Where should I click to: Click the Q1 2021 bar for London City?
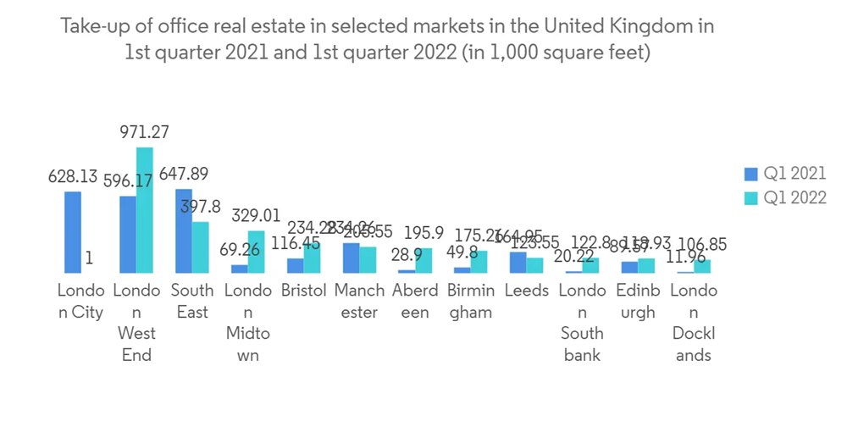(x=73, y=232)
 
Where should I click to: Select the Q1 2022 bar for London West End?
(x=145, y=210)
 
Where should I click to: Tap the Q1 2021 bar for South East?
(x=184, y=230)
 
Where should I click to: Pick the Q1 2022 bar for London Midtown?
(x=256, y=252)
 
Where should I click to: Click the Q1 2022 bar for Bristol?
(x=312, y=258)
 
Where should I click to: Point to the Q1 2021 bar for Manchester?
(x=351, y=258)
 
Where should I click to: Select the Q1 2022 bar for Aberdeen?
(x=423, y=260)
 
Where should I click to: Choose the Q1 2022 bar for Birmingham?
(x=479, y=262)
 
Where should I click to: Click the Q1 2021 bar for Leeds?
(x=518, y=263)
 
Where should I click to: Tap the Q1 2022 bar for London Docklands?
(x=701, y=266)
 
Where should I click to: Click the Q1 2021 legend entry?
(x=784, y=174)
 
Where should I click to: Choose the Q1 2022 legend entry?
(x=784, y=197)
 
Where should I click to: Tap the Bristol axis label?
(x=304, y=291)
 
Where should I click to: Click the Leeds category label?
(x=527, y=291)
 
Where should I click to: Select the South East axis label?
(x=192, y=302)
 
